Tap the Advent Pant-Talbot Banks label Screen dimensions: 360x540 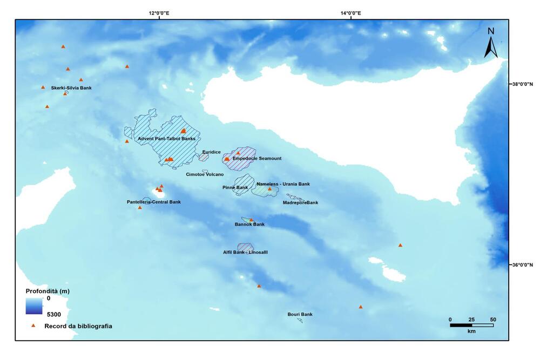point(166,139)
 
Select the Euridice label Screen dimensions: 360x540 point(211,152)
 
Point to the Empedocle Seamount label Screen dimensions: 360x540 point(256,159)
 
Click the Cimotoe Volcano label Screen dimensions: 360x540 point(205,174)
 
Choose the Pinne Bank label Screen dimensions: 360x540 point(235,187)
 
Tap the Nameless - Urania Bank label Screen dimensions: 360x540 point(283,184)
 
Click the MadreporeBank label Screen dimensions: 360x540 point(300,202)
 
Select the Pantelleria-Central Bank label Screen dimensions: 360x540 point(154,202)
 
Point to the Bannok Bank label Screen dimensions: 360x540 point(249,224)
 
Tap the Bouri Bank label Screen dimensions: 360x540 point(300,314)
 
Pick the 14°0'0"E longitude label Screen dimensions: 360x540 point(351,13)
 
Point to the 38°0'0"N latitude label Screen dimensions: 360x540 point(522,84)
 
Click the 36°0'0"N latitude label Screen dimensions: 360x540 point(522,264)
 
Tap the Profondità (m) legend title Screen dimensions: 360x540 point(48,291)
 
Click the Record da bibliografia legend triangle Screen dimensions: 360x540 point(33,325)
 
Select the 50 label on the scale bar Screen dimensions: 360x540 point(492,320)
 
